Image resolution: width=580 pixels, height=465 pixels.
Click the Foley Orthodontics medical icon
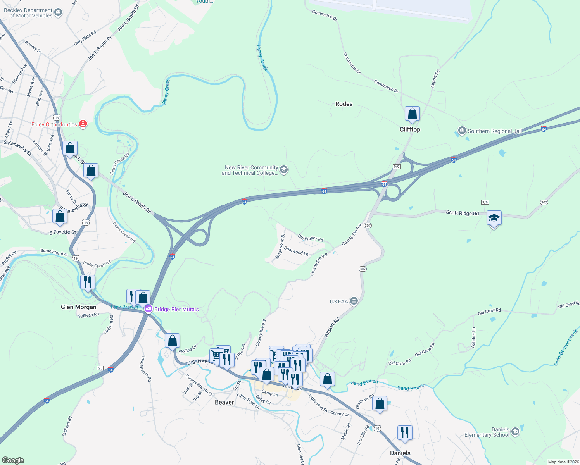83,124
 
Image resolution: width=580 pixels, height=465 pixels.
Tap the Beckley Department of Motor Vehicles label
28,13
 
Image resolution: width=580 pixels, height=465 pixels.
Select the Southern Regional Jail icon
462,131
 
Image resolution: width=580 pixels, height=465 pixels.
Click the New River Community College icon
284,170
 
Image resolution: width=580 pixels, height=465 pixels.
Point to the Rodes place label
344,104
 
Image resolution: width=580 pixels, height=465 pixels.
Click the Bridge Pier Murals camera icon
148,309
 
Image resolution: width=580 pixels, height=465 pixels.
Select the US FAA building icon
354,301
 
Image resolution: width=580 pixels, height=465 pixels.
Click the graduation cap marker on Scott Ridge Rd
494,219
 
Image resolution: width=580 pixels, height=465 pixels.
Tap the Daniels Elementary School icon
515,432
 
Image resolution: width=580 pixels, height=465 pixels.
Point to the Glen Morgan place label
79,307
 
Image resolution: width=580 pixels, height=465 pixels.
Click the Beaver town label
224,402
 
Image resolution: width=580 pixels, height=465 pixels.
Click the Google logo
13,460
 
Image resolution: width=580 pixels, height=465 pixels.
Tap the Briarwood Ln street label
296,251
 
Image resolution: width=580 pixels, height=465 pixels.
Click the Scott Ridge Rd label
462,213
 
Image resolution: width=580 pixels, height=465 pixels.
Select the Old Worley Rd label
310,238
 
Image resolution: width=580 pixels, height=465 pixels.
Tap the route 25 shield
100,368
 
